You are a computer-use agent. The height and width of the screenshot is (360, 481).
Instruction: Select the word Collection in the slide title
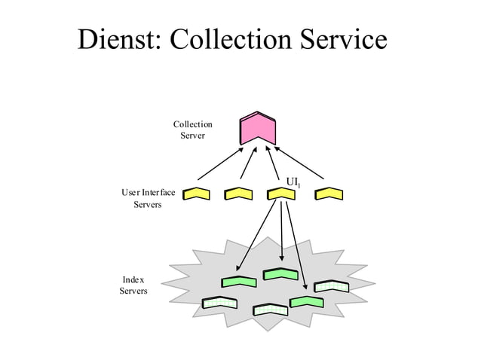click(x=232, y=41)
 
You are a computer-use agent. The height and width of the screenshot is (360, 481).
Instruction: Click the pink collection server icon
click(x=258, y=129)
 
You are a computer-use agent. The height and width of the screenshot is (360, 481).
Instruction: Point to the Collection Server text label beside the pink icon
click(x=192, y=130)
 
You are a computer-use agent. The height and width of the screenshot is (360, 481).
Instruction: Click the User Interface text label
click(x=148, y=193)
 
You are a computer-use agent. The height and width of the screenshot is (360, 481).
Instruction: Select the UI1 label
click(x=293, y=182)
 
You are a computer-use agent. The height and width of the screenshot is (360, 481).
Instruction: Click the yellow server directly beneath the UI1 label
click(x=281, y=194)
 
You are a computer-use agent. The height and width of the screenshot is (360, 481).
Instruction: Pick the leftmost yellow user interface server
click(x=197, y=194)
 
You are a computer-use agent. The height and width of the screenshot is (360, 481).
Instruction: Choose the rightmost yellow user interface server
click(x=329, y=194)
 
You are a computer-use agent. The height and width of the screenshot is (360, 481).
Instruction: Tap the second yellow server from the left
click(x=238, y=194)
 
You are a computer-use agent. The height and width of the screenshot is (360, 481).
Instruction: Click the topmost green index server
click(x=280, y=274)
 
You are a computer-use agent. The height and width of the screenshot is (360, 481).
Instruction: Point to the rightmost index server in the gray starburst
click(x=332, y=287)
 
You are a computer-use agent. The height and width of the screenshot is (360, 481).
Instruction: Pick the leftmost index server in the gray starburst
click(x=219, y=303)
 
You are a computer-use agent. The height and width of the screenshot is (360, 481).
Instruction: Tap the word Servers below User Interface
click(x=147, y=206)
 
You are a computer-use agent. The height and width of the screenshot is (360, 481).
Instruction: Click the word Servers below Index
click(x=133, y=291)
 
